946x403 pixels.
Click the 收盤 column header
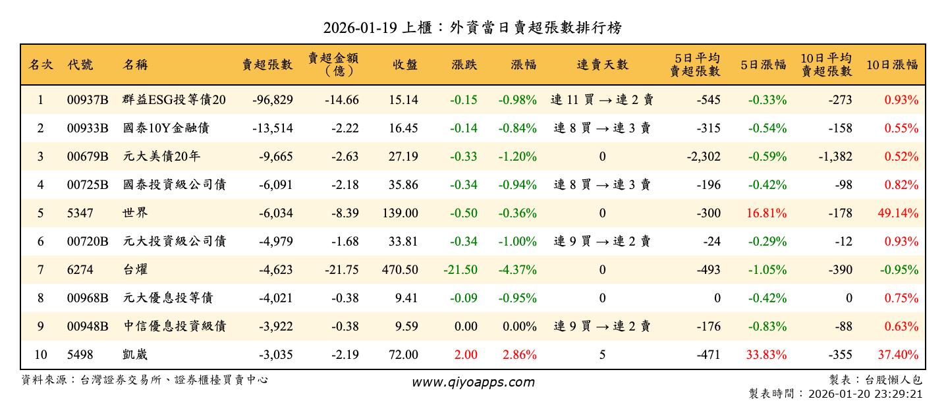tap(404, 65)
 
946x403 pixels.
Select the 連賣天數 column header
tap(602, 65)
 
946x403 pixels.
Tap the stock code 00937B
tap(88, 100)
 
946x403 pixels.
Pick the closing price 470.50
tap(400, 270)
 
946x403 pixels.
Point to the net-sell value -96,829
tap(272, 100)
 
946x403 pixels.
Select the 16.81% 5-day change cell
tap(766, 213)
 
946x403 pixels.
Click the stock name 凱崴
tap(136, 355)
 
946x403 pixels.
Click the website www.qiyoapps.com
tap(473, 382)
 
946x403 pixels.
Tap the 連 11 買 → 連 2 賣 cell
tap(602, 100)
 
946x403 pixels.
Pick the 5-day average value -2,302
tap(702, 157)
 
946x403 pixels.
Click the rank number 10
tap(40, 355)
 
